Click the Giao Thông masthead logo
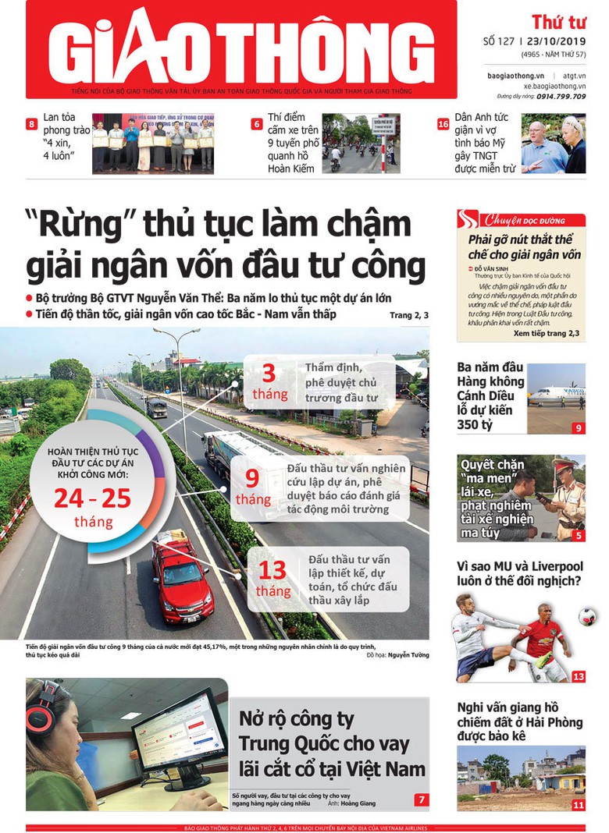(240, 48)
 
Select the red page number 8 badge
(32, 124)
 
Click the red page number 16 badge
(443, 124)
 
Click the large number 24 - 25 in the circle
(93, 497)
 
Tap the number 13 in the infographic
(272, 571)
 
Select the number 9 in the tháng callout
(252, 479)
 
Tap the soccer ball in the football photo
(587, 617)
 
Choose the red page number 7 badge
(422, 799)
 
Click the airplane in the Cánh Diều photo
(557, 395)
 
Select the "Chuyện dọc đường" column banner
(522, 219)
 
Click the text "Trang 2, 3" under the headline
(408, 315)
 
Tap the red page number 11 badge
(578, 805)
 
